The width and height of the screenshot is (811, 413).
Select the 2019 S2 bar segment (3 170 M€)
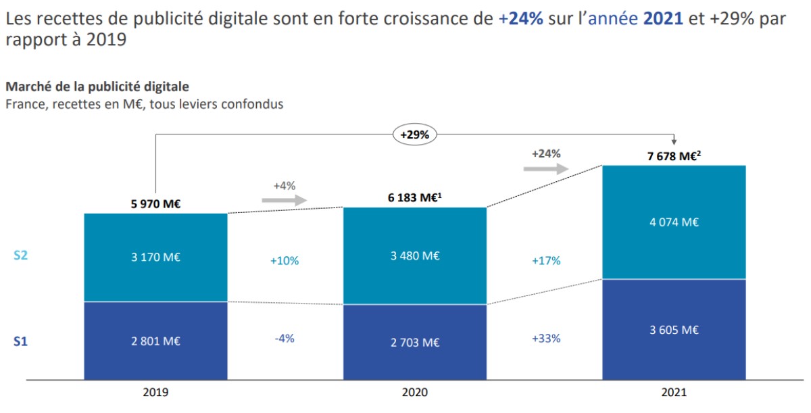point(155,258)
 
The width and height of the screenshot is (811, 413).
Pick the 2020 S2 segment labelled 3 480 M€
point(415,256)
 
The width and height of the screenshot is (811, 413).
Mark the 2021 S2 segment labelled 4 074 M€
point(674,222)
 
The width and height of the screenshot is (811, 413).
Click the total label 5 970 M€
point(156,202)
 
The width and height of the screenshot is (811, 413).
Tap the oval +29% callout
point(415,135)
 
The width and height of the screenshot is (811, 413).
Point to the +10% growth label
point(285,260)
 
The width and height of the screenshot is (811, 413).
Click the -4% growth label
point(285,338)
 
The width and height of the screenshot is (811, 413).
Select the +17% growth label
point(546,260)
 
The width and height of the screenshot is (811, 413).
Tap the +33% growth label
point(546,338)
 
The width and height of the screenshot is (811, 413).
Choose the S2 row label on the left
point(21,256)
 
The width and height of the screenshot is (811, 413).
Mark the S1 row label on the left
point(21,342)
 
